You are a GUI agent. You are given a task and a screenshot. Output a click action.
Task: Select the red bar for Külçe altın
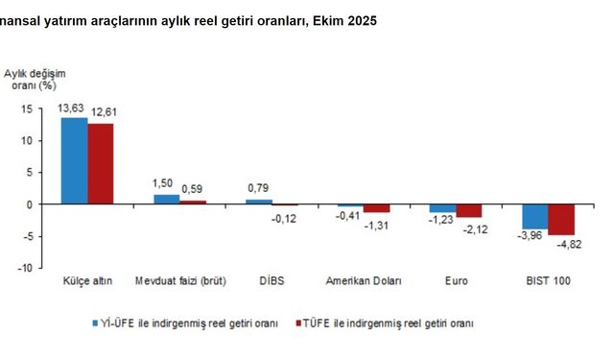pyautogui.click(x=101, y=164)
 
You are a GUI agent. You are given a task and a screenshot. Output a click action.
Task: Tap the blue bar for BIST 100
pyautogui.click(x=534, y=216)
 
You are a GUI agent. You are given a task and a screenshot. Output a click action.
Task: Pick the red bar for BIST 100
pyautogui.click(x=560, y=219)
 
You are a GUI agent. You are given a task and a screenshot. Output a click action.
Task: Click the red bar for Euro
pyautogui.click(x=468, y=211)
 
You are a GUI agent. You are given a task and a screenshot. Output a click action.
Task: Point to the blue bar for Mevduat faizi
pyautogui.click(x=166, y=200)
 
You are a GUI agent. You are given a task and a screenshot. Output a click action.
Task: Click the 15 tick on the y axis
pyautogui.click(x=28, y=108)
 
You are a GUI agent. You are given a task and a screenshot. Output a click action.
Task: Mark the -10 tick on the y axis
pyautogui.click(x=25, y=268)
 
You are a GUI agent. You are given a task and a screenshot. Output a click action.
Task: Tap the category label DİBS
pyautogui.click(x=272, y=280)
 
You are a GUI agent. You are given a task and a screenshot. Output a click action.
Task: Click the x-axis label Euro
pyautogui.click(x=455, y=280)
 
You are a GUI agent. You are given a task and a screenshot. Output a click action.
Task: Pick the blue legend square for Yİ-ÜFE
pyautogui.click(x=95, y=324)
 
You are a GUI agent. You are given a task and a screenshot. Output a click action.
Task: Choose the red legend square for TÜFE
pyautogui.click(x=298, y=324)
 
